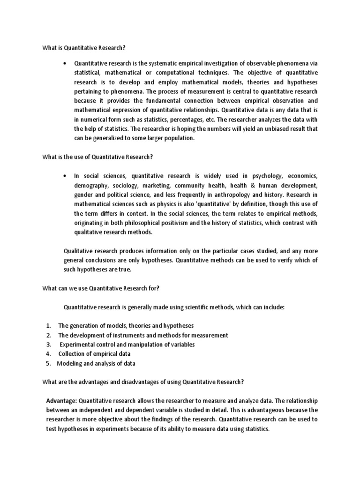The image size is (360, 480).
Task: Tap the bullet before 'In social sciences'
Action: (64, 176)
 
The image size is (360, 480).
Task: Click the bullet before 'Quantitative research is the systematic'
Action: (64, 63)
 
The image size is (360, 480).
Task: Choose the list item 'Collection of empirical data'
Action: (94, 354)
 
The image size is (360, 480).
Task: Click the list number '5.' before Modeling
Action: (48, 363)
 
